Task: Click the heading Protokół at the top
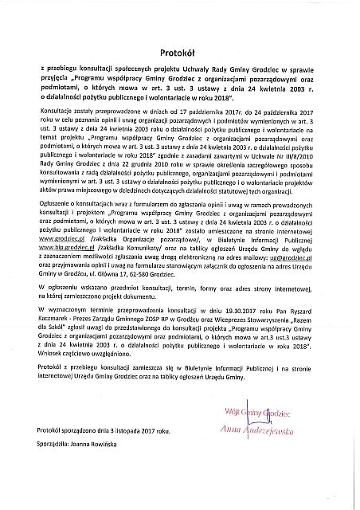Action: click(179, 47)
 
